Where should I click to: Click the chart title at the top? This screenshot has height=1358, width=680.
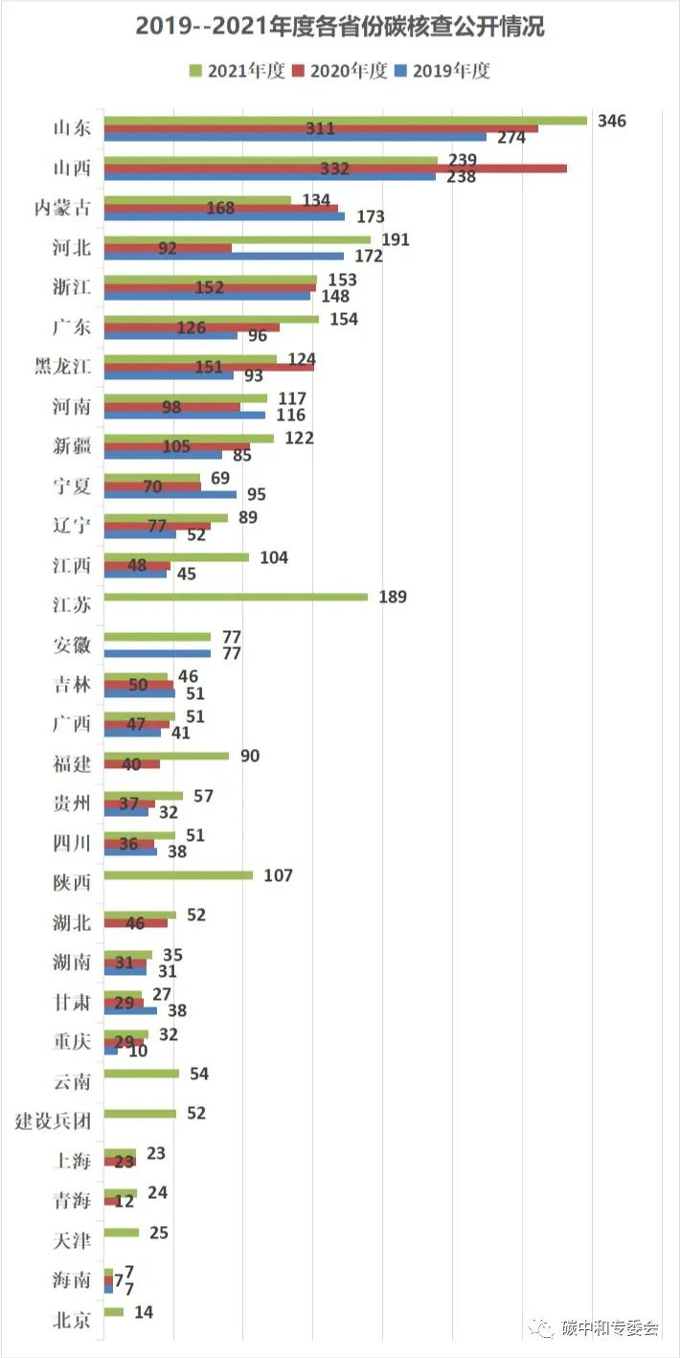click(340, 27)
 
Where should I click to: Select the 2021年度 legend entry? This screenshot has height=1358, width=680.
click(238, 71)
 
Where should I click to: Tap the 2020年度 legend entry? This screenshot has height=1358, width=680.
click(339, 71)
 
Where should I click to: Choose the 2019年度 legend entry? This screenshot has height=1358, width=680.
click(442, 71)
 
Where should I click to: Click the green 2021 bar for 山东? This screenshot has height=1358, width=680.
click(345, 121)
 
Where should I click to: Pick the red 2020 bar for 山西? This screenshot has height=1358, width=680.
click(335, 169)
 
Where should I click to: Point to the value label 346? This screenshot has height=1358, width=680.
click(611, 121)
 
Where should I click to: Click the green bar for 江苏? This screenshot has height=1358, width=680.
click(236, 597)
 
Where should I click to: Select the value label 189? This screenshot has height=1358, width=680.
click(392, 597)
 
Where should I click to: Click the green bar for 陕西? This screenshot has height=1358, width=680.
click(178, 874)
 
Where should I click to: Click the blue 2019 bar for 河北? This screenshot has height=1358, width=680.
click(223, 256)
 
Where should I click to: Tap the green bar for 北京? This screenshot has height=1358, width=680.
click(114, 1311)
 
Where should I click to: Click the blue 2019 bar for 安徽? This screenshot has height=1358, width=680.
click(157, 653)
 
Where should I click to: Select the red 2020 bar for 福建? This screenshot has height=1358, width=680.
click(131, 764)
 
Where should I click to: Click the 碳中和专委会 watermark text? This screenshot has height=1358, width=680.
click(610, 1327)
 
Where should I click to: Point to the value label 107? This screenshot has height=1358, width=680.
click(278, 874)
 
